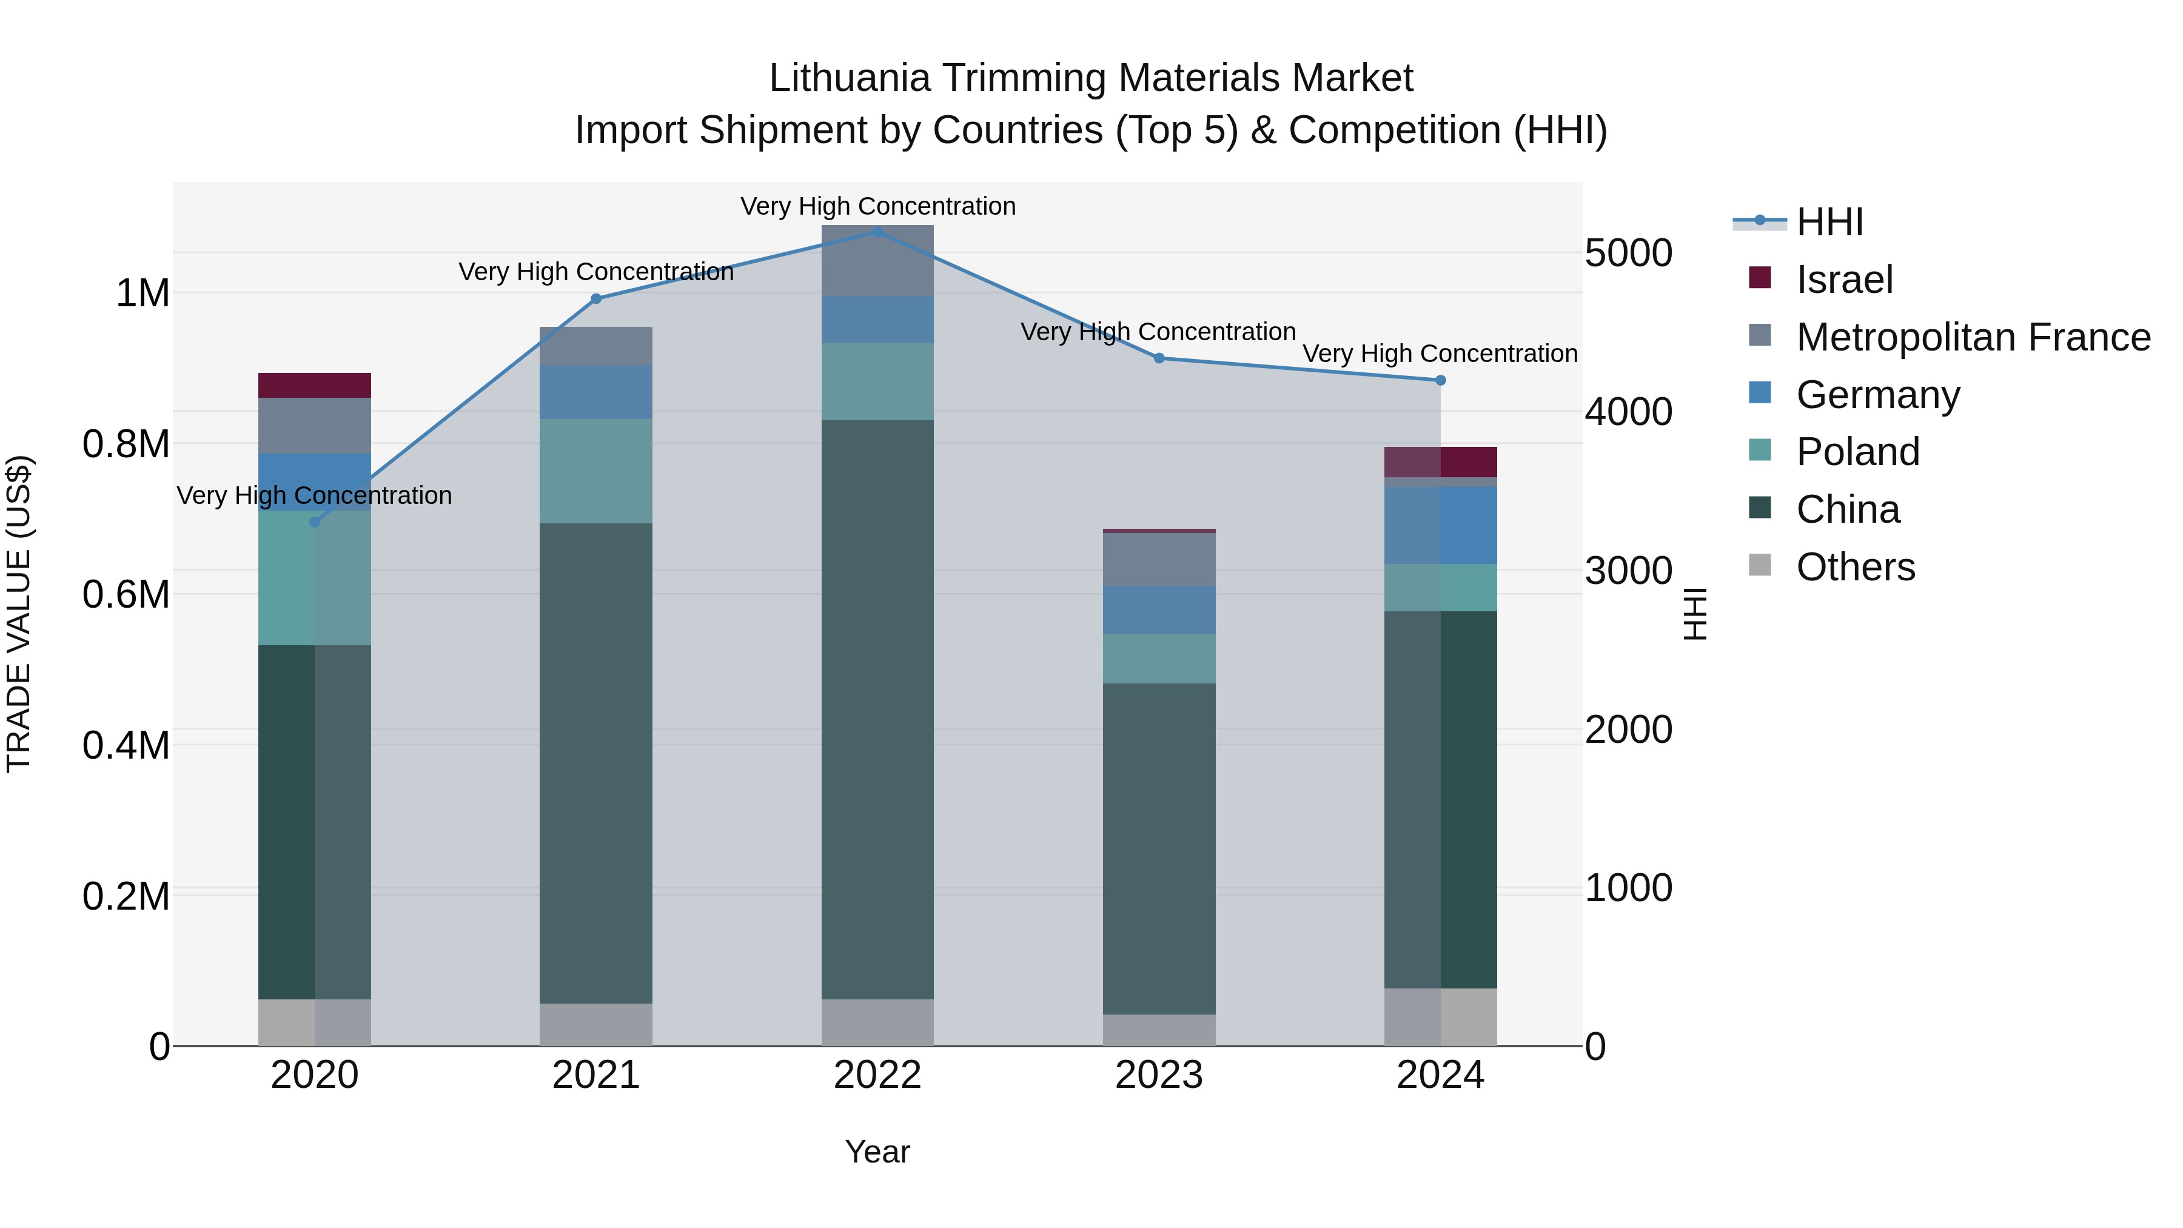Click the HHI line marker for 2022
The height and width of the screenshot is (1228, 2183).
877,232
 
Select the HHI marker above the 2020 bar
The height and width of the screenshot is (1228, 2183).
314,522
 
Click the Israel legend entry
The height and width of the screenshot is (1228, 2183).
1843,280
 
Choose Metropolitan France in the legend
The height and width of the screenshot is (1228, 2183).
1972,337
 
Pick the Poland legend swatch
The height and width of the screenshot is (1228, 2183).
1760,451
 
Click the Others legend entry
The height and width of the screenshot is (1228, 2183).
1854,567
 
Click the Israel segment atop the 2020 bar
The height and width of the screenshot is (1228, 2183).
314,386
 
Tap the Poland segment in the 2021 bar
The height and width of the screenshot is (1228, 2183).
595,471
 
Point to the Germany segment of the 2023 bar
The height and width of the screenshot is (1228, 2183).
1158,610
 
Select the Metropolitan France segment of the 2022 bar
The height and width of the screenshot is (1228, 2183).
877,260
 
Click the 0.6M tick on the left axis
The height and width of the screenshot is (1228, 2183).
126,595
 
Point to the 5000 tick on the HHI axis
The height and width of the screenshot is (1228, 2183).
1628,253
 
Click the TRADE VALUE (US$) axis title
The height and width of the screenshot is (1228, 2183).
19,614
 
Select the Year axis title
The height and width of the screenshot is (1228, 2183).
877,1152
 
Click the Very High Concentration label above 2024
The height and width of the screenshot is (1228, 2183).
1439,354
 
